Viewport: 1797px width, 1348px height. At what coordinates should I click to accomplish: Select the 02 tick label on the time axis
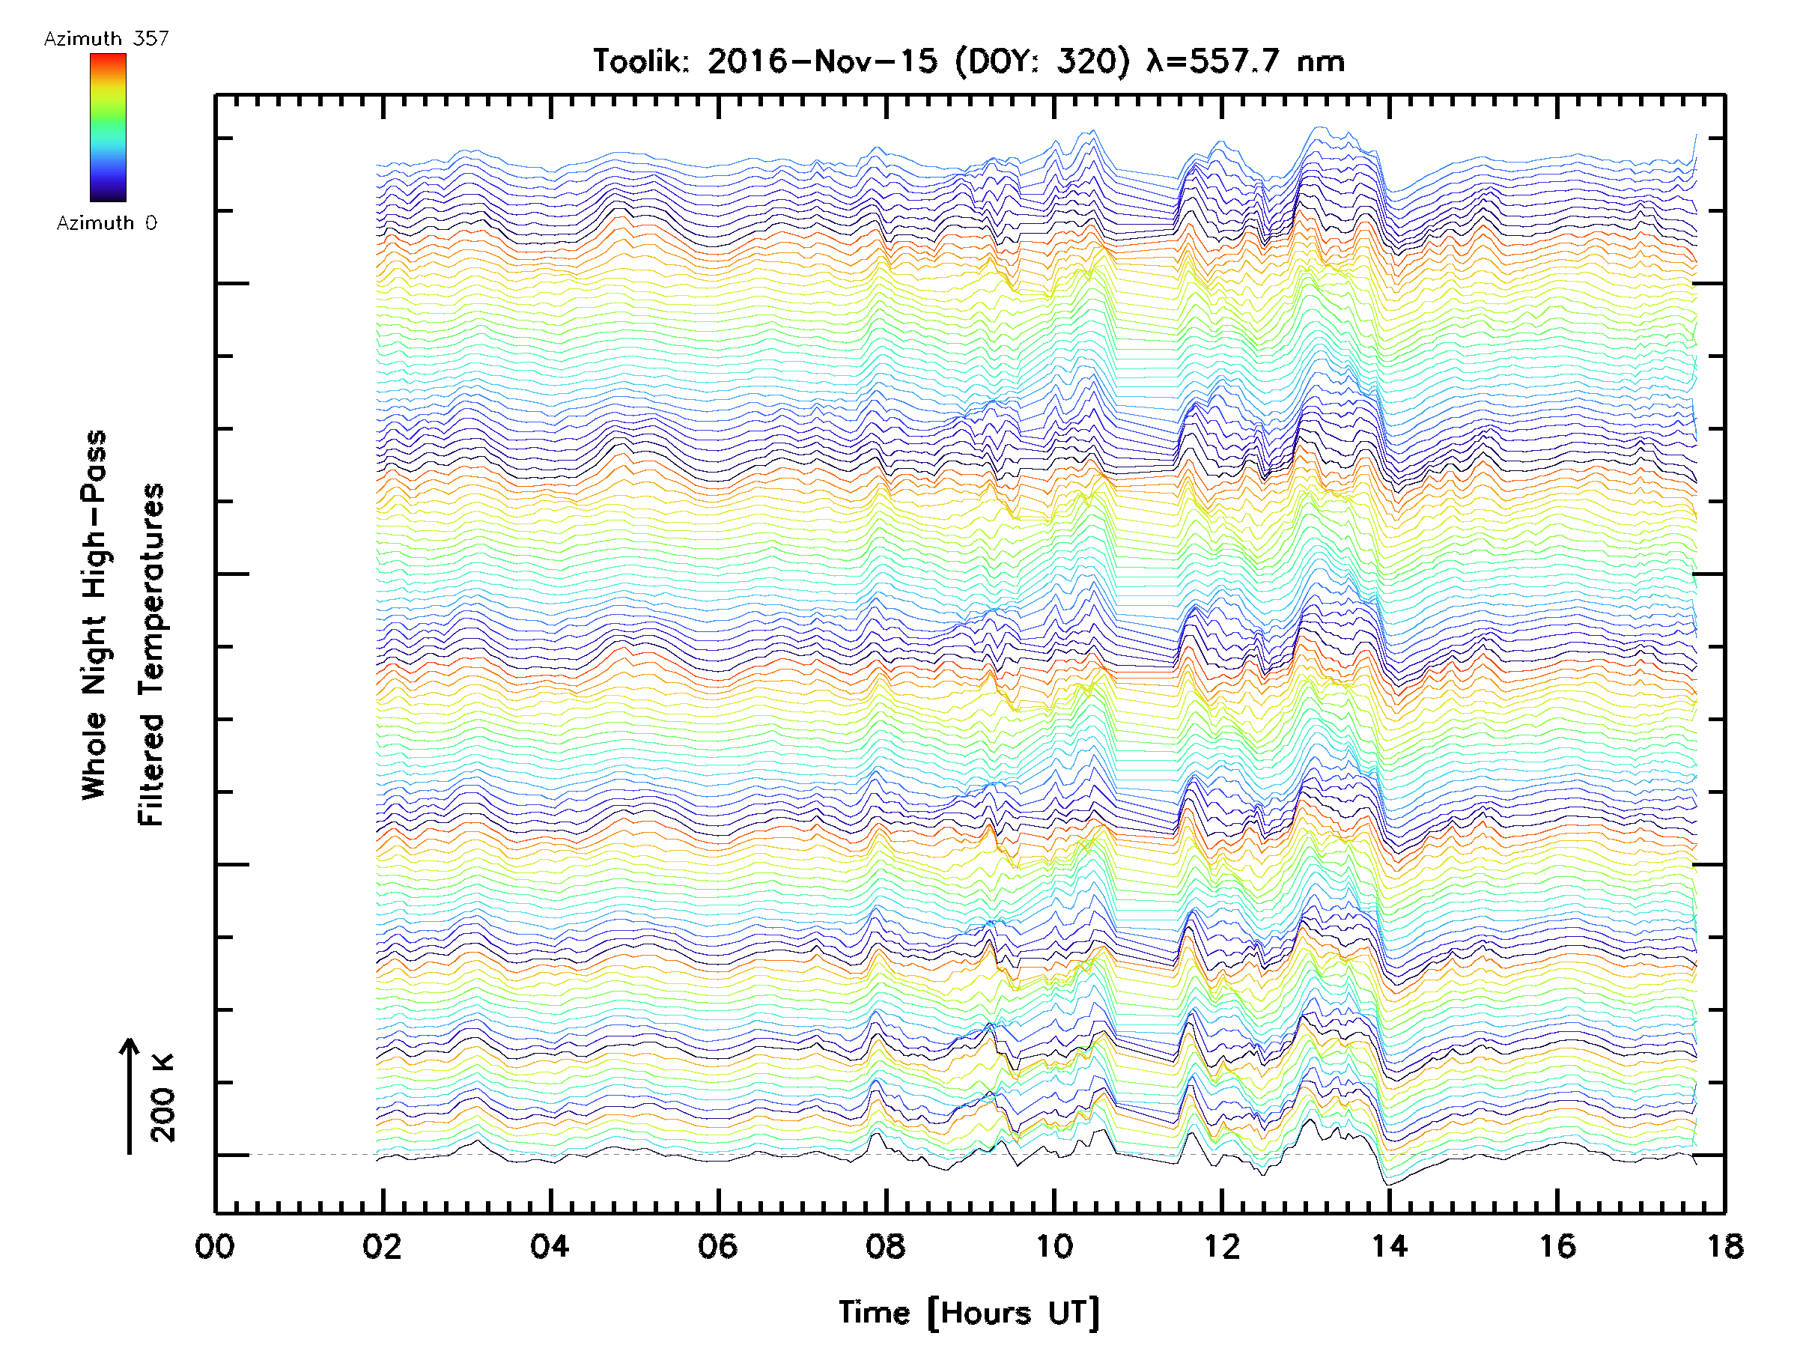pos(382,1245)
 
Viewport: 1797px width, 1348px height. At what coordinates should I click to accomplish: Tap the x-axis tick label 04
pos(550,1245)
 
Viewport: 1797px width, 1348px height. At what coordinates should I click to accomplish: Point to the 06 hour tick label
pos(718,1245)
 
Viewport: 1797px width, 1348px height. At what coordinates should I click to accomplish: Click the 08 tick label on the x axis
pos(886,1245)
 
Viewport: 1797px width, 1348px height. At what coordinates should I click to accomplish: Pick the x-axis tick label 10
pos(1053,1245)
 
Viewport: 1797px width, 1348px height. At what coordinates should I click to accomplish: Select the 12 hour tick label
pos(1222,1245)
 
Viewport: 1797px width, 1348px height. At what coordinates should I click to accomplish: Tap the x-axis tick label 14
pos(1389,1245)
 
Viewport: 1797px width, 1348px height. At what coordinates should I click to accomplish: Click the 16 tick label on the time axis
pos(1557,1245)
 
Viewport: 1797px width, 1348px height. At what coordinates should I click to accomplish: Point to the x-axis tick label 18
pos(1724,1245)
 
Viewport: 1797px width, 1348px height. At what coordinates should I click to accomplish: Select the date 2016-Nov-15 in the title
pos(822,61)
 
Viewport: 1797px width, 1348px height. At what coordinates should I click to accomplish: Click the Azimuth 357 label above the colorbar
pos(106,39)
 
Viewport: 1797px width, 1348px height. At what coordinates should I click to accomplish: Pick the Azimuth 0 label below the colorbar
pos(106,222)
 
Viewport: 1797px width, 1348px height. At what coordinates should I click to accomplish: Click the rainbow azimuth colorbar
pos(108,127)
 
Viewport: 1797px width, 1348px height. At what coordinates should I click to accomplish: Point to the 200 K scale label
pos(163,1098)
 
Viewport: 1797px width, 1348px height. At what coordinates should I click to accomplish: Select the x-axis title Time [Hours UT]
pos(969,1313)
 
